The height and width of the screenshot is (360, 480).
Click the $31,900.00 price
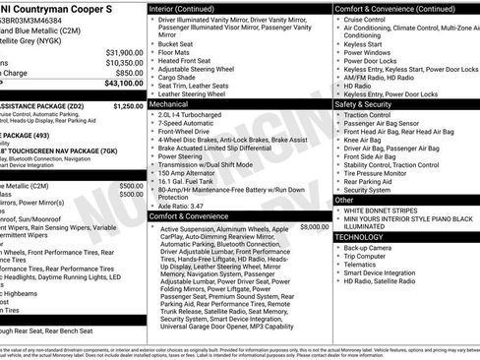(124, 52)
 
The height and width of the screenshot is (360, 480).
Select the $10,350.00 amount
(124, 62)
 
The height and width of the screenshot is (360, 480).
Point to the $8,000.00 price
(315, 227)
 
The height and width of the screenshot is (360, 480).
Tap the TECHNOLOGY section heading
(359, 237)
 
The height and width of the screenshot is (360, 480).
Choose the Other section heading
(344, 200)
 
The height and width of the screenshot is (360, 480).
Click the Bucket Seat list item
(175, 44)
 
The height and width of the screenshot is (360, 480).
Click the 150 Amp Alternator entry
(187, 172)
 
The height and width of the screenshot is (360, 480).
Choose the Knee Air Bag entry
(363, 140)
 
